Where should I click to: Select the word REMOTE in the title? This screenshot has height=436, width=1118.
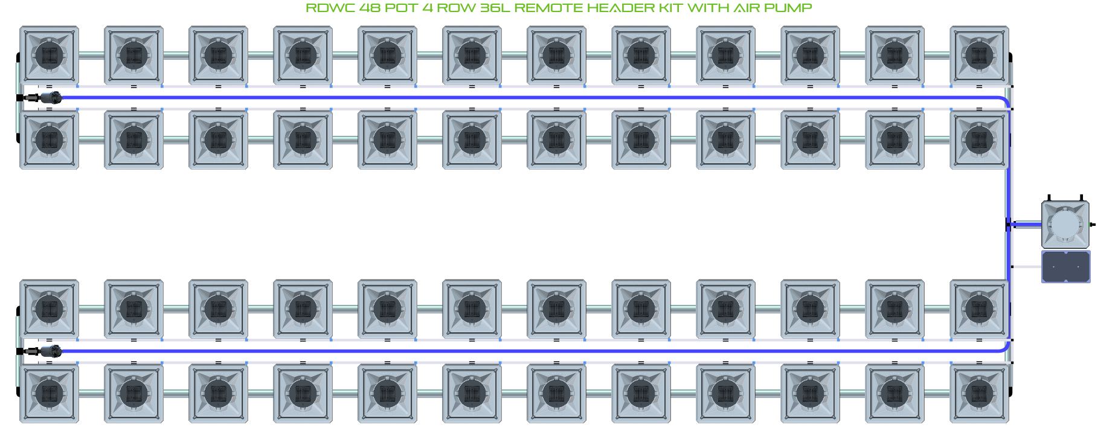click(548, 8)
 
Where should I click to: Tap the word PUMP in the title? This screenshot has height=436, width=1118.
click(788, 8)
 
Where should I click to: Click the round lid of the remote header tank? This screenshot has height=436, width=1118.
click(1065, 224)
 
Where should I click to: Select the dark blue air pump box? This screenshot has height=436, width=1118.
click(1065, 266)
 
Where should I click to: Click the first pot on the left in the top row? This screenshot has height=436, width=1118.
click(49, 55)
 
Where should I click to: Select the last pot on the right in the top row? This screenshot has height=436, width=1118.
click(979, 55)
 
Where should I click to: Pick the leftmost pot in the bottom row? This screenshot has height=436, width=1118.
click(49, 393)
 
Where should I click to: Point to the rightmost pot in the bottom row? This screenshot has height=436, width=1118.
click(979, 393)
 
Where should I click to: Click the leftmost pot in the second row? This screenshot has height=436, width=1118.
click(49, 139)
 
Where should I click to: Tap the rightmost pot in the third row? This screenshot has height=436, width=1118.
click(979, 309)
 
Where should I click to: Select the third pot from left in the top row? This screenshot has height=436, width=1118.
click(218, 55)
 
